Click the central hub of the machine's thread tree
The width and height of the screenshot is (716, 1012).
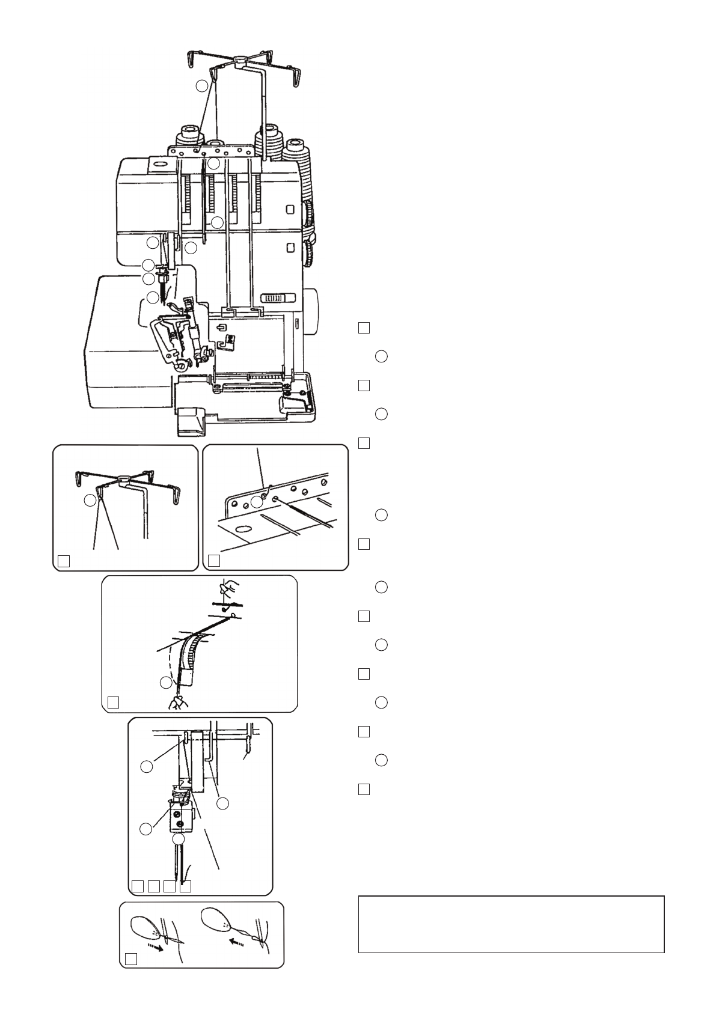pyautogui.click(x=239, y=59)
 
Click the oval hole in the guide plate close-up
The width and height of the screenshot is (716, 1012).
pyautogui.click(x=243, y=529)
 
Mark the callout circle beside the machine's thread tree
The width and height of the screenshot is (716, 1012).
pyautogui.click(x=202, y=86)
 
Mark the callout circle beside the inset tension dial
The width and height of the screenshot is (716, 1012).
pyautogui.click(x=166, y=683)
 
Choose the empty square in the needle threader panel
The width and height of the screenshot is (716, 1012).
pyautogui.click(x=131, y=959)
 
